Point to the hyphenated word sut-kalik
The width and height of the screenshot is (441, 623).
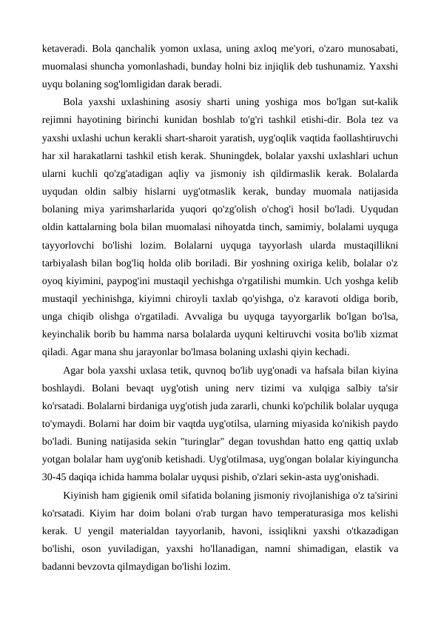click(x=376, y=101)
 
